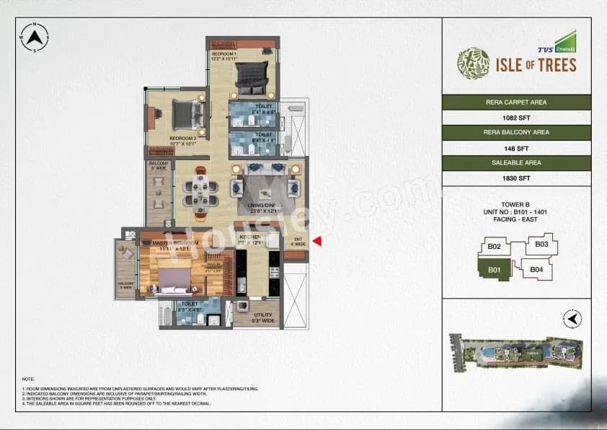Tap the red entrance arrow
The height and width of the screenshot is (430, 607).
coord(316,242)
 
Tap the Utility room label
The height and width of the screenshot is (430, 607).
coord(262,317)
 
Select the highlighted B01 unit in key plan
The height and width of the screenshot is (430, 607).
coord(494,271)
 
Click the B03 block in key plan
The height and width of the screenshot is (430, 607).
coord(541,245)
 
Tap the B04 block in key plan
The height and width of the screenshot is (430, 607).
coord(536,270)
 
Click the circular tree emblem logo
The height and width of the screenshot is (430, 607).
coord(473,63)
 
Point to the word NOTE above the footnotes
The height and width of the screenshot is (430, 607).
coord(27,379)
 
